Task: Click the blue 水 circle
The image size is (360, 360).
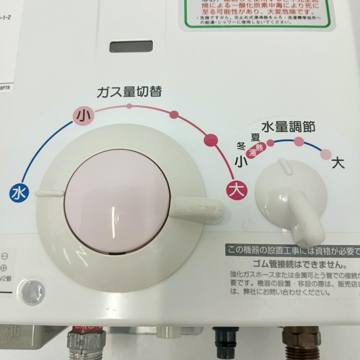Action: click(19, 193)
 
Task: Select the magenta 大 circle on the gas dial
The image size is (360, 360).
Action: click(237, 190)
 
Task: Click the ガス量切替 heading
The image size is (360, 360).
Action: click(129, 92)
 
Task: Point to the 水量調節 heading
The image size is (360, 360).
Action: click(288, 127)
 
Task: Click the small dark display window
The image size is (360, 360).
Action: click(131, 47)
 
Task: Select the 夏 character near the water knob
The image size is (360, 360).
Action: click(255, 137)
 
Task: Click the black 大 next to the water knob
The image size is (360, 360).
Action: click(338, 164)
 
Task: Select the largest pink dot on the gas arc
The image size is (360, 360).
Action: click(211, 139)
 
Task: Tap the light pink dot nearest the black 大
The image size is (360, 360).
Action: click(326, 154)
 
